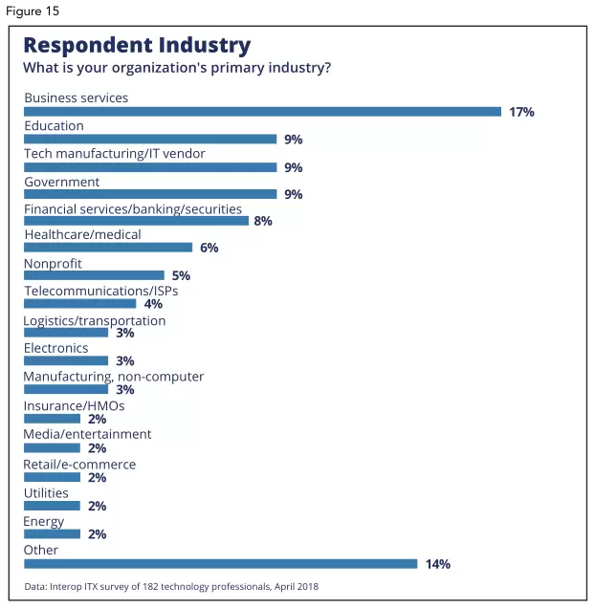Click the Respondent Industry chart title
pyautogui.click(x=137, y=45)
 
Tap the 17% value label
pyautogui.click(x=521, y=112)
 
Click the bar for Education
pyautogui.click(x=149, y=140)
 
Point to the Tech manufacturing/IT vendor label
pyautogui.click(x=114, y=153)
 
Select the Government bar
pyautogui.click(x=149, y=194)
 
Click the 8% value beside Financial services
pyautogui.click(x=263, y=221)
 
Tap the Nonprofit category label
pyautogui.click(x=53, y=263)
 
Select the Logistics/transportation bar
pyautogui.click(x=65, y=333)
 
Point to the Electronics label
pyautogui.click(x=55, y=348)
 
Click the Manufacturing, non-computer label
pyautogui.click(x=113, y=376)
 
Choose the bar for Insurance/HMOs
pyautogui.click(x=52, y=419)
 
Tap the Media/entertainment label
pyautogui.click(x=87, y=433)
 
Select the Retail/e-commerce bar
pyautogui.click(x=52, y=476)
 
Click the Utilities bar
pyautogui.click(x=52, y=506)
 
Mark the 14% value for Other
pyautogui.click(x=437, y=564)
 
